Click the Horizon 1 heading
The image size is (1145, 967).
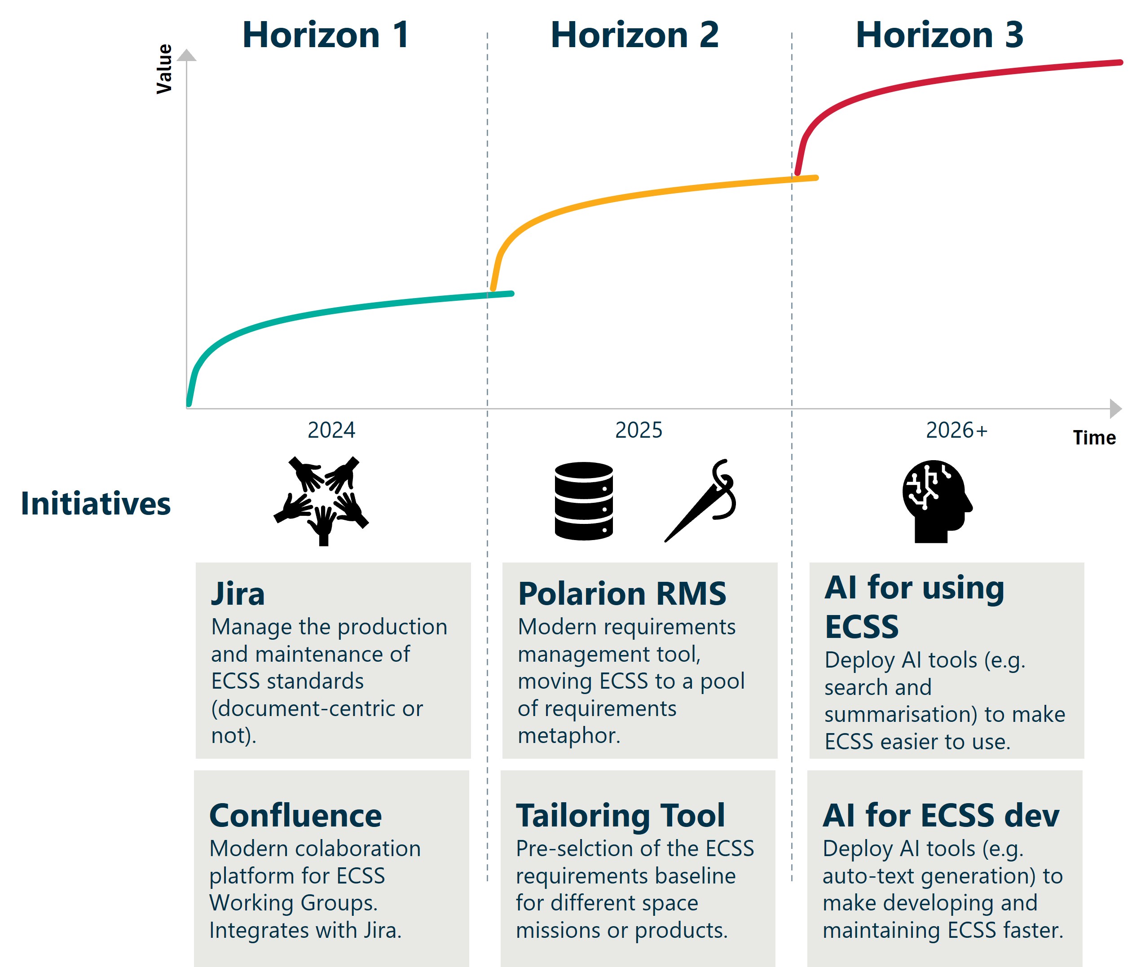pyautogui.click(x=326, y=35)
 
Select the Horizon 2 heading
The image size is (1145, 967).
pyautogui.click(x=634, y=35)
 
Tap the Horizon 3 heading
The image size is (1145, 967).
pyautogui.click(x=939, y=35)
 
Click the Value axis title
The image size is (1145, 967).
pyautogui.click(x=164, y=69)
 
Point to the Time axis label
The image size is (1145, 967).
pyautogui.click(x=1094, y=437)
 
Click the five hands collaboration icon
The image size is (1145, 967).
pyautogui.click(x=322, y=501)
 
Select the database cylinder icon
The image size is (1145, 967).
pyautogui.click(x=583, y=501)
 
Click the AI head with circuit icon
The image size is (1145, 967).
pyautogui.click(x=937, y=501)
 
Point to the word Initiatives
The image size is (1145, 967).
pyautogui.click(x=95, y=503)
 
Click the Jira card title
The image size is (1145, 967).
pyautogui.click(x=238, y=593)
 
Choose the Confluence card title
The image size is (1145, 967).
pyautogui.click(x=295, y=815)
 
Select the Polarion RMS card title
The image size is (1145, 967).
pyautogui.click(x=622, y=593)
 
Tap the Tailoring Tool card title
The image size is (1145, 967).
pyautogui.click(x=620, y=815)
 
